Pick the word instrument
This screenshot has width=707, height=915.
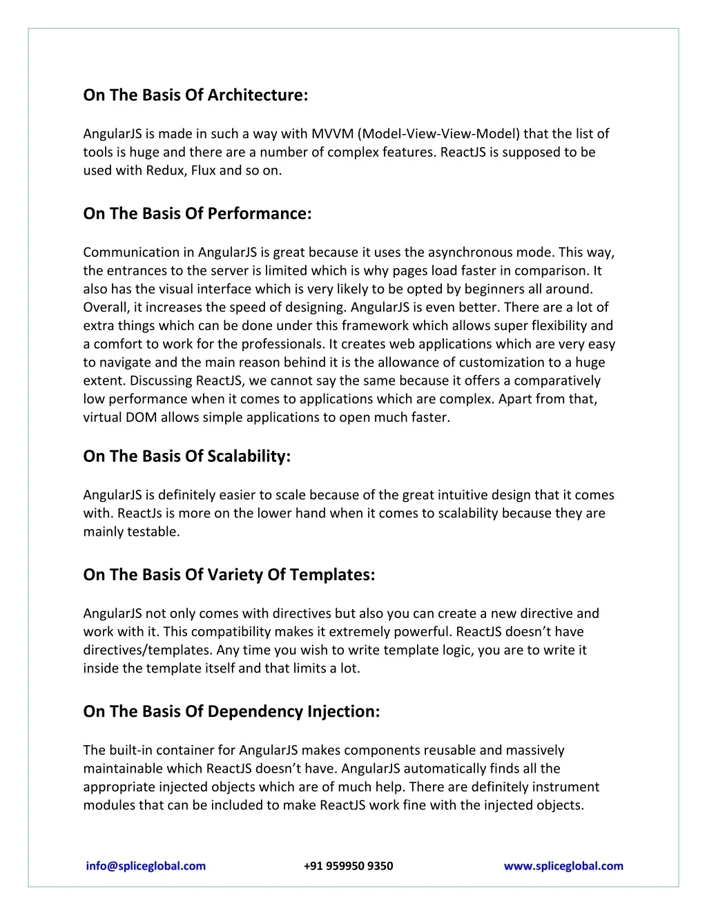point(562,787)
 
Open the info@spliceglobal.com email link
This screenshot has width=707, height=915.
point(146,866)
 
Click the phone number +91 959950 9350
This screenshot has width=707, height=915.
point(348,866)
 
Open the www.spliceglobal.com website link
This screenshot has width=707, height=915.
point(563,866)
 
